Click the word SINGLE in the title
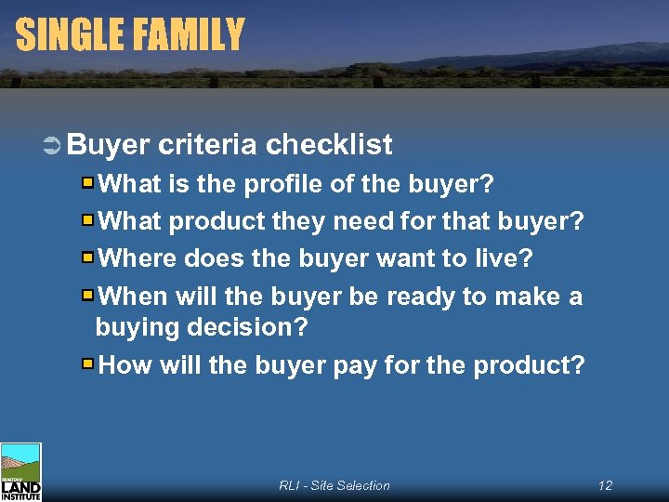pyautogui.click(x=69, y=35)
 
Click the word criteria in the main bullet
pyautogui.click(x=207, y=145)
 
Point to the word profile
pyautogui.click(x=283, y=184)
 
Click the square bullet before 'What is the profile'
pyautogui.click(x=87, y=183)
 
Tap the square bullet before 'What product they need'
pyautogui.click(x=87, y=221)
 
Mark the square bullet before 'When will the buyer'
pyautogui.click(x=87, y=296)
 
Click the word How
pyautogui.click(x=125, y=364)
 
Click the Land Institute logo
pyautogui.click(x=20, y=472)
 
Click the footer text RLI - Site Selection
pyautogui.click(x=334, y=485)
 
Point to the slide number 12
pyautogui.click(x=605, y=485)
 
